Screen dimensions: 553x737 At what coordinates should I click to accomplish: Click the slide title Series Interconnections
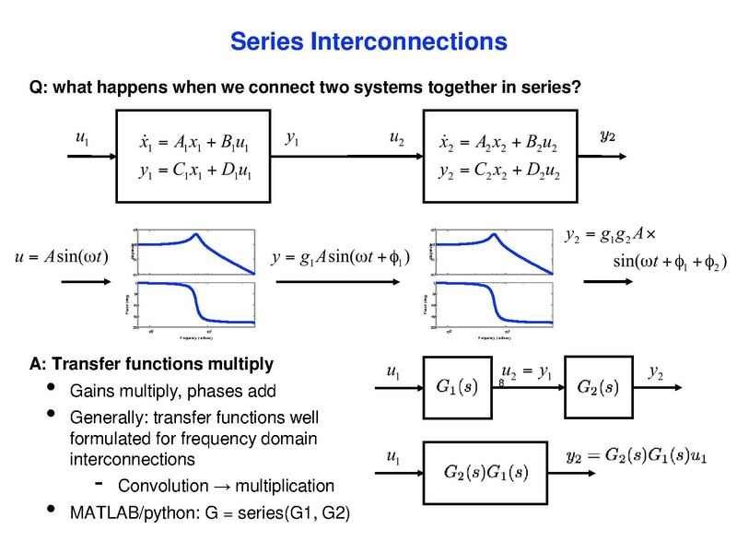tap(368, 41)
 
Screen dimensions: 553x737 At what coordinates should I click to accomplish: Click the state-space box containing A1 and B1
tap(194, 155)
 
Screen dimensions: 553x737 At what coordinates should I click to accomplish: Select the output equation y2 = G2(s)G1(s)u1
tap(635, 456)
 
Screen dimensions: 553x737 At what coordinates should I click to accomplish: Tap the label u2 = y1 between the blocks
tap(526, 372)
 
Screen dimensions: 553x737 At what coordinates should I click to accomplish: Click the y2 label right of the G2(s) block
tap(657, 372)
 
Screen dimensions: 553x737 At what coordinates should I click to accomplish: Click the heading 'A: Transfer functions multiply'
tap(152, 362)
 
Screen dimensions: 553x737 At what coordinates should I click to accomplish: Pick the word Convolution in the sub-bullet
tap(164, 485)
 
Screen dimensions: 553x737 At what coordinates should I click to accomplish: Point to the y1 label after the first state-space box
tap(292, 138)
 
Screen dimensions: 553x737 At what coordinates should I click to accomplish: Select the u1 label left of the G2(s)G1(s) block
tap(394, 455)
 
